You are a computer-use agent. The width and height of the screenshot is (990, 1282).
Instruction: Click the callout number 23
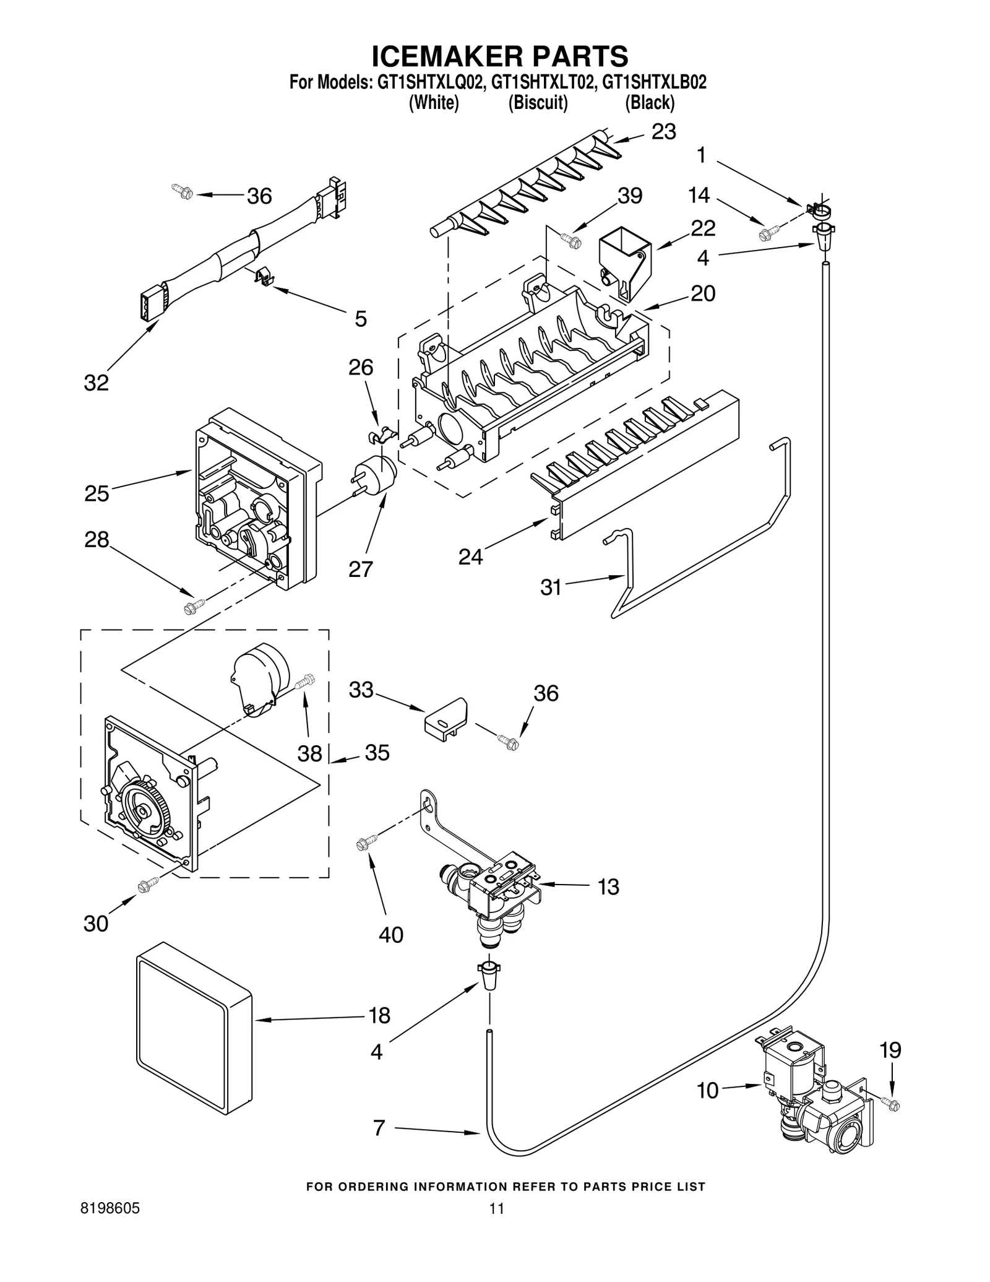click(x=663, y=132)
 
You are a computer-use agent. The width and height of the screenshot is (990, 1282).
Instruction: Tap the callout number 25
click(x=97, y=494)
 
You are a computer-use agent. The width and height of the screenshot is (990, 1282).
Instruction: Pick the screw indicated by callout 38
click(x=305, y=682)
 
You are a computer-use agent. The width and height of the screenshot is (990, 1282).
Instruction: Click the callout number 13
click(x=608, y=887)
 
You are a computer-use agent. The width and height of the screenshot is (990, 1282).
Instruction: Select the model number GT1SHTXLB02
click(x=654, y=83)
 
